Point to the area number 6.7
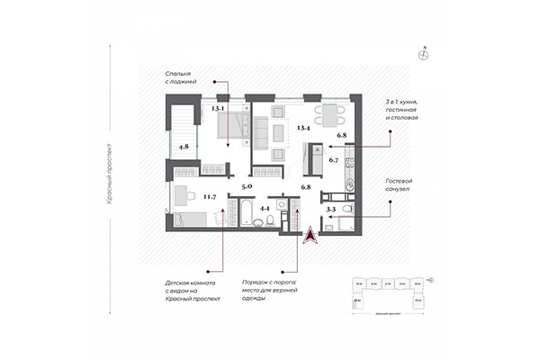(334, 160)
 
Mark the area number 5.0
(247, 186)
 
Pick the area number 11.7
(210, 195)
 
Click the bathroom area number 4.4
(265, 209)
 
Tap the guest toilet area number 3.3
(330, 209)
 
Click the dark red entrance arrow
(308, 235)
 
